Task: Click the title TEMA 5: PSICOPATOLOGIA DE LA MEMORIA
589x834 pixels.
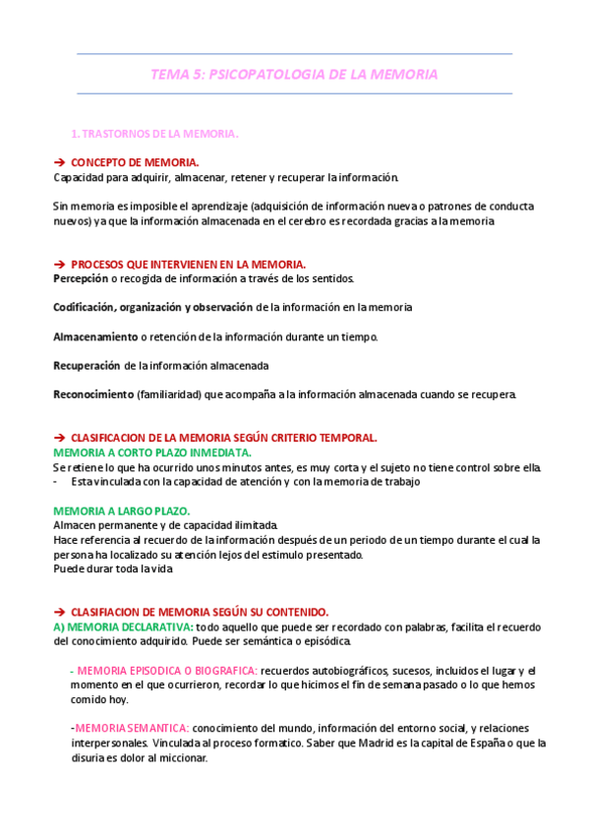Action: (x=294, y=74)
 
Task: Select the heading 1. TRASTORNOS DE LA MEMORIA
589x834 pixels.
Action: (x=156, y=133)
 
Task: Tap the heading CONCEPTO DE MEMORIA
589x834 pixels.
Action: (x=135, y=162)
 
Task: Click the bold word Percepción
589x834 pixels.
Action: (x=81, y=278)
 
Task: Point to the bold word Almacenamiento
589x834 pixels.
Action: (x=94, y=336)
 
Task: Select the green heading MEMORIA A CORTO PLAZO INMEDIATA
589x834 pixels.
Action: (x=151, y=452)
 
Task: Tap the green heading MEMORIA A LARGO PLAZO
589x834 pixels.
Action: (x=122, y=511)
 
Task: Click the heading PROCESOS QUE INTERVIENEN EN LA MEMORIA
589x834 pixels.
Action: (x=188, y=264)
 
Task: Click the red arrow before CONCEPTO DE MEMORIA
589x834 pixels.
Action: (x=58, y=162)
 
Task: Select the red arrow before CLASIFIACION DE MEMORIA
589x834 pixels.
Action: (x=58, y=611)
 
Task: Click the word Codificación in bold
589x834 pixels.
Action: (x=87, y=307)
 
